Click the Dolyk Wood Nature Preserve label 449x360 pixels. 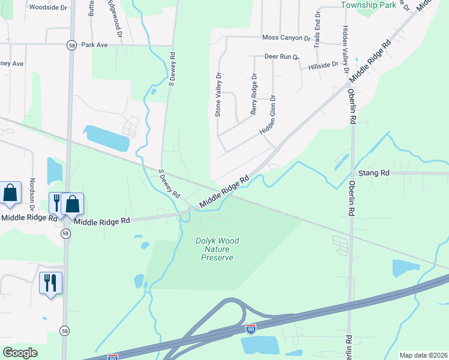(217, 249)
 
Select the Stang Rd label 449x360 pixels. (374, 173)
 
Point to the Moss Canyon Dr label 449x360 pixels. (286, 38)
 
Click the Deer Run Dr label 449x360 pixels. (282, 56)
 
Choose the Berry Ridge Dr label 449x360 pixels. (254, 94)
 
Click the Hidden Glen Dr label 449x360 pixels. (269, 114)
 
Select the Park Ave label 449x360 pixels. (94, 45)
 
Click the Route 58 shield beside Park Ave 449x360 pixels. (71, 45)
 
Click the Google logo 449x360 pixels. (20, 353)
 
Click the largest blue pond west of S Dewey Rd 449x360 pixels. (107, 139)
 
